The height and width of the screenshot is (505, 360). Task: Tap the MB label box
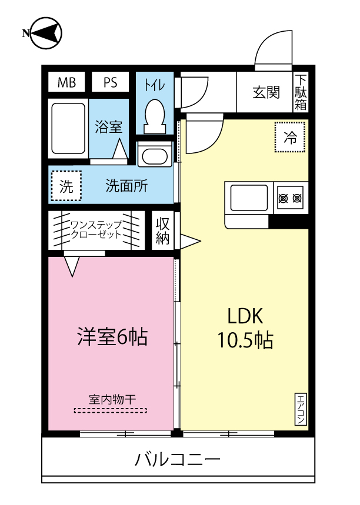pos(66,82)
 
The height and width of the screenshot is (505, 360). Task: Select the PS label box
pos(110,82)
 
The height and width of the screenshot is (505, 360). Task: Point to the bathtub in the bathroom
pos(69,128)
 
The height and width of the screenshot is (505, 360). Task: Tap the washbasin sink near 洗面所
pos(154,156)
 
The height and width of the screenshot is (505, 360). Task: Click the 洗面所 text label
pos(126,186)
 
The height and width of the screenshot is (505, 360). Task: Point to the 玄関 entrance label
pos(266,92)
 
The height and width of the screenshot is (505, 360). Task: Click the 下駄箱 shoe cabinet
pos(301,92)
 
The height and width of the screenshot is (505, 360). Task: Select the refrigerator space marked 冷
pos(290,138)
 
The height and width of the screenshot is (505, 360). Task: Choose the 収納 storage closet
pos(163,231)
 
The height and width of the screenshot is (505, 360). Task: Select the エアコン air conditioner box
pos(300,409)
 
